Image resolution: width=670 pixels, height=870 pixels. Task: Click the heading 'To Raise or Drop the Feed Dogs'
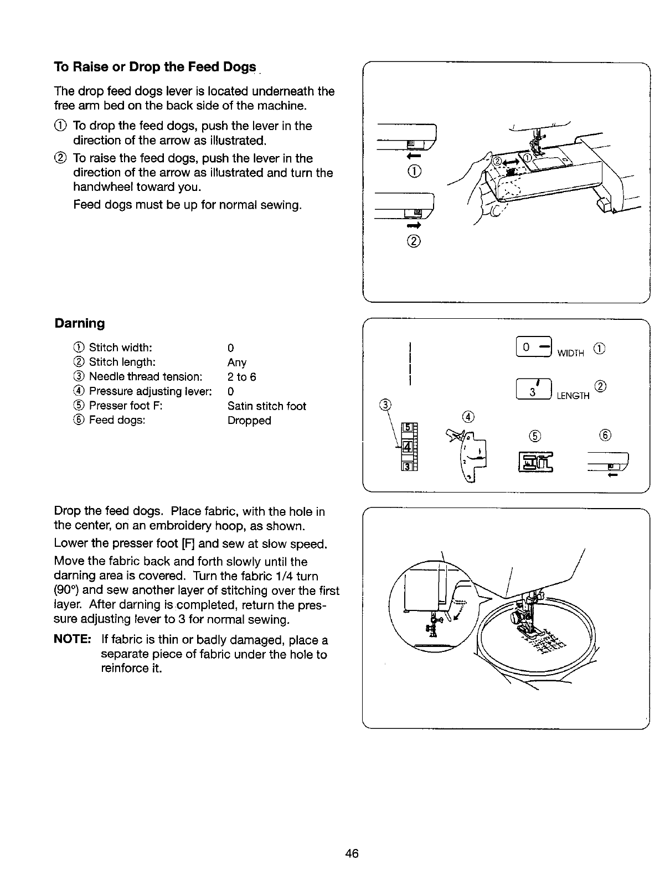tap(155, 68)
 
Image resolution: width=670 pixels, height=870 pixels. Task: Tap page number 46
tap(352, 853)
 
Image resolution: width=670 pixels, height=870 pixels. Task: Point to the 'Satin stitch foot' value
tap(266, 406)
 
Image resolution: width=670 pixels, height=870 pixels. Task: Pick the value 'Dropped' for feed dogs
tap(249, 421)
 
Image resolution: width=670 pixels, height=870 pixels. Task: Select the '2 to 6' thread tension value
tap(241, 377)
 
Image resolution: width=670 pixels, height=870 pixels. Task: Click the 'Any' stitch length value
tap(237, 363)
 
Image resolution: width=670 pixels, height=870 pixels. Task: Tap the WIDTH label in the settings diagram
tap(570, 354)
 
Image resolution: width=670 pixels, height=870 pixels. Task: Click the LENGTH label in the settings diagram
tap(573, 396)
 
